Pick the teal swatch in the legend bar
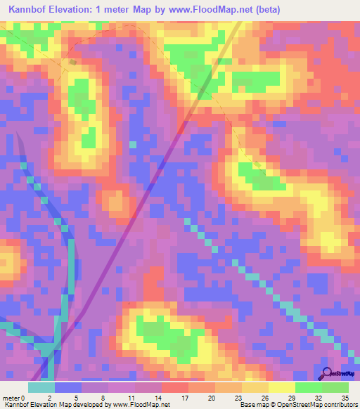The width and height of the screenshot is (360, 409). tap(41, 387)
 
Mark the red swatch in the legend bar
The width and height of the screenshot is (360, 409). tap(174, 387)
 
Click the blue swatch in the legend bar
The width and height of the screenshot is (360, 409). tap(67, 387)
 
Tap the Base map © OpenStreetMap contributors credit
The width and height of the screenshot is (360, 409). tap(299, 405)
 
